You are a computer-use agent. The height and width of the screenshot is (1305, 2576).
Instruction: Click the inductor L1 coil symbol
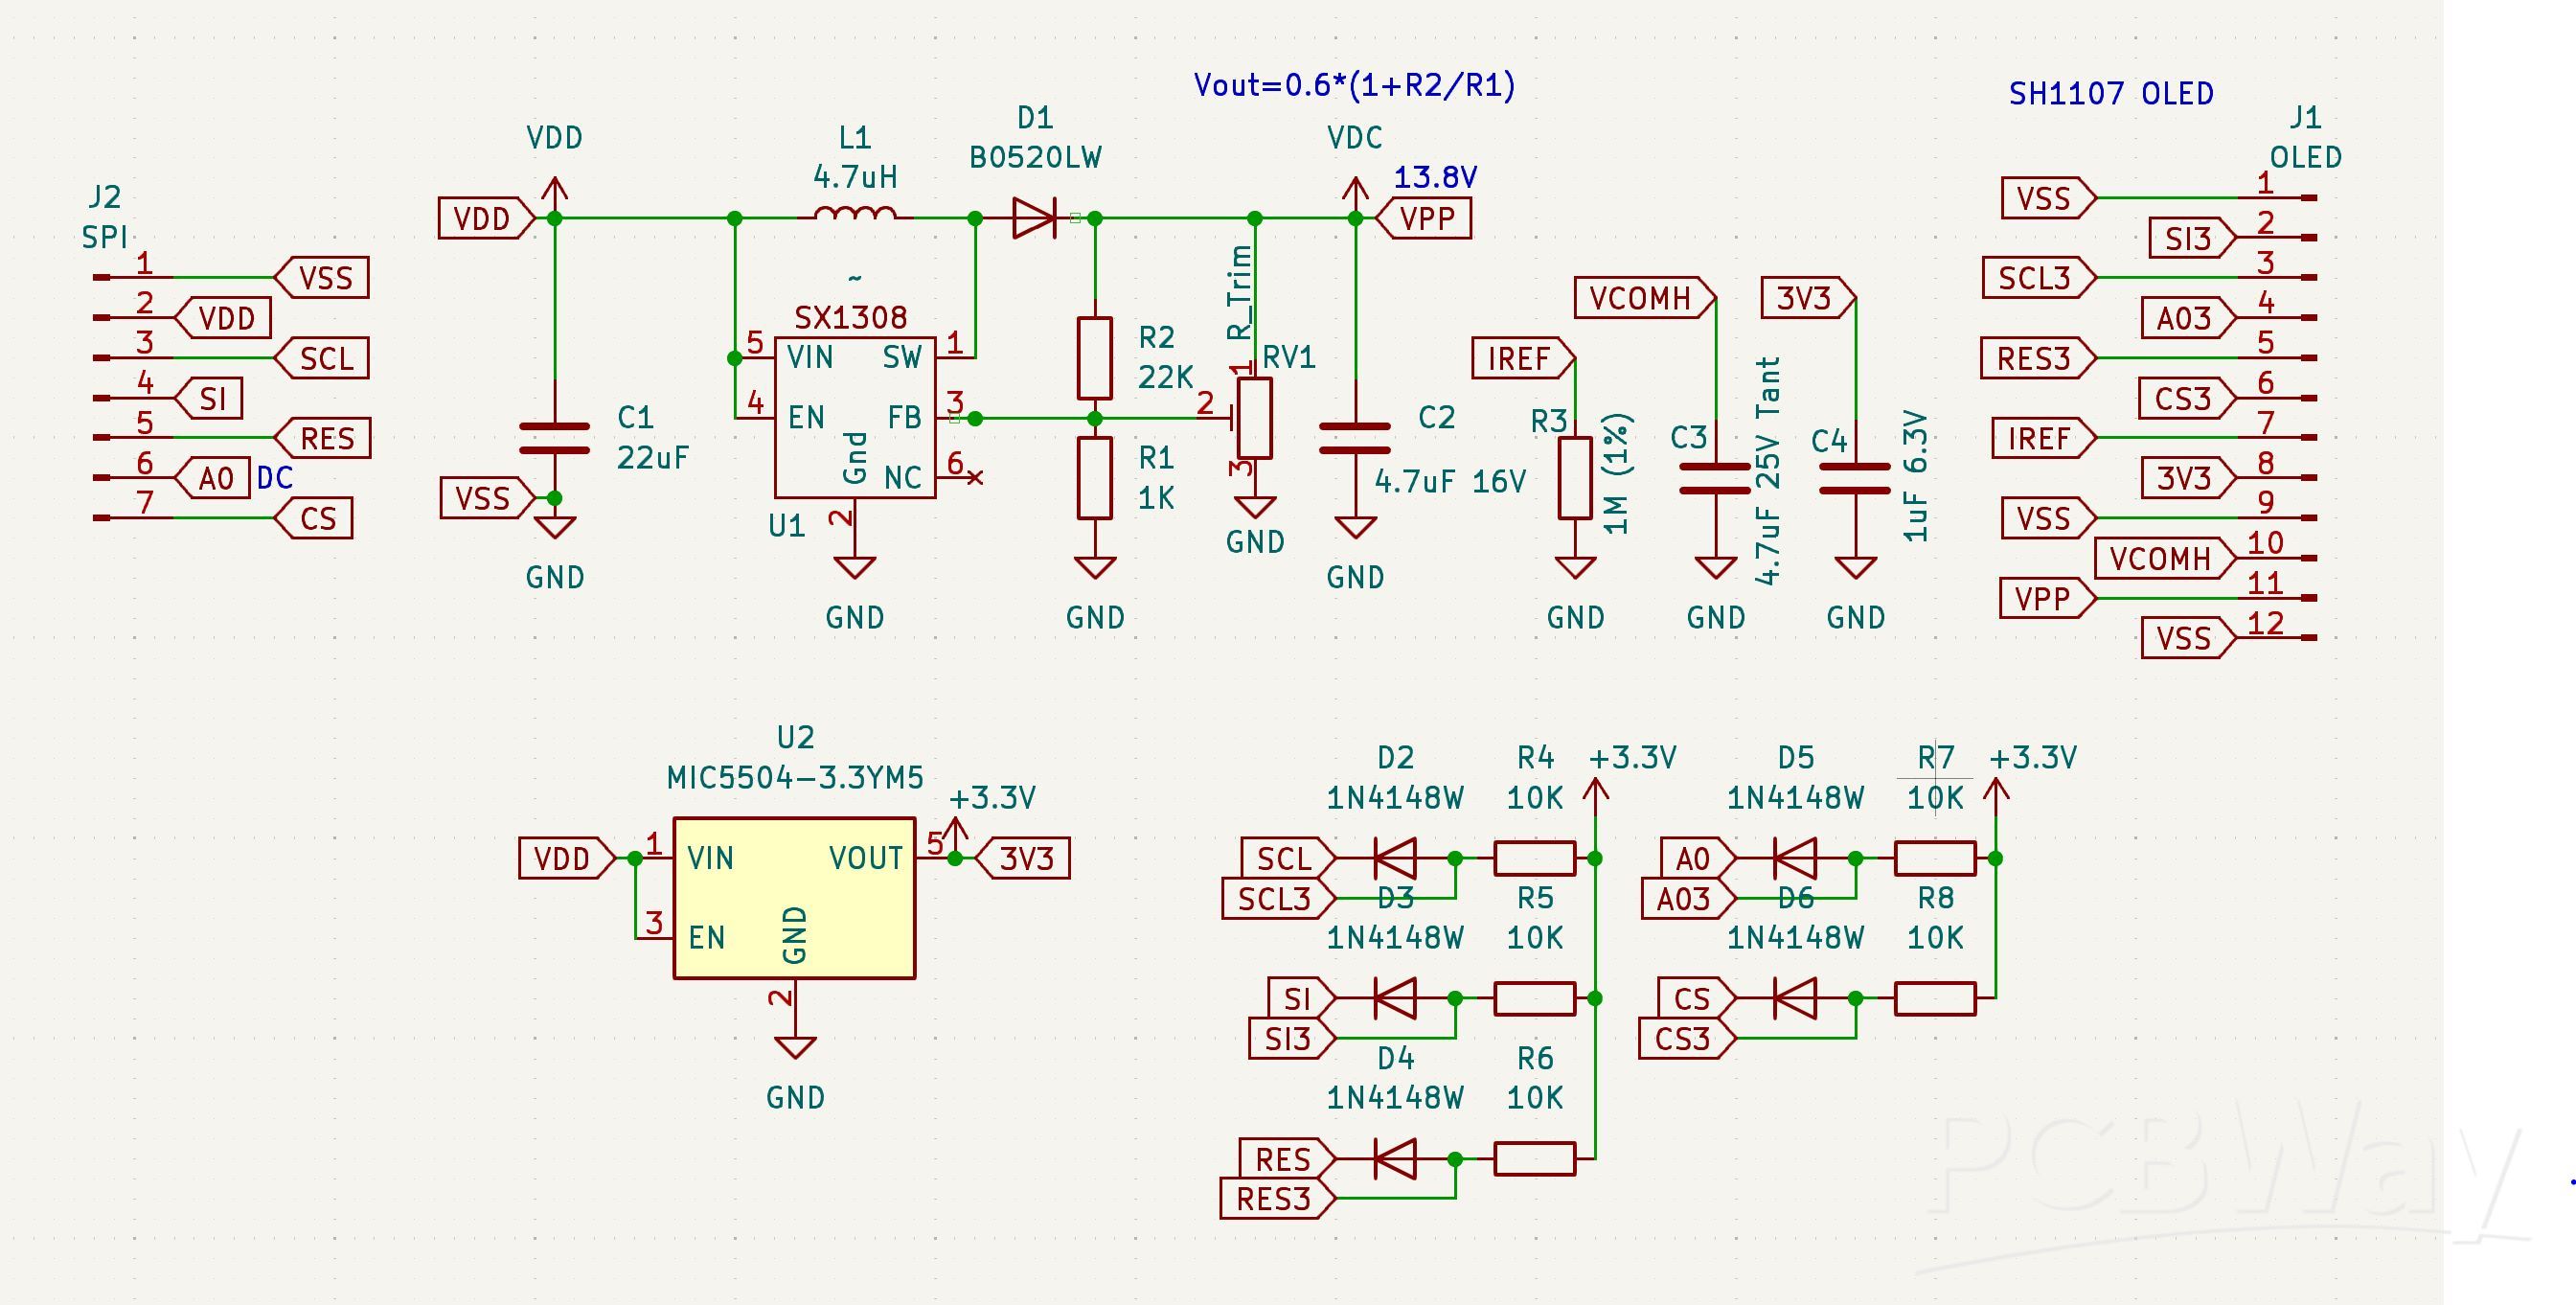click(x=855, y=213)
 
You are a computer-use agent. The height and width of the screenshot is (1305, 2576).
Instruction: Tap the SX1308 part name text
click(x=851, y=318)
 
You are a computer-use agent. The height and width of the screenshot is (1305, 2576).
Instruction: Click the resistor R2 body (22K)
click(x=1095, y=358)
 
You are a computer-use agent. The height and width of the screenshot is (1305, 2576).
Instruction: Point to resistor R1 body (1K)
click(x=1095, y=478)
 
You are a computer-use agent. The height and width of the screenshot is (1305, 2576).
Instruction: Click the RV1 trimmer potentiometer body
click(x=1255, y=418)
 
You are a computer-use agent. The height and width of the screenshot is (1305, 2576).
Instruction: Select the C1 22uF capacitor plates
click(x=555, y=438)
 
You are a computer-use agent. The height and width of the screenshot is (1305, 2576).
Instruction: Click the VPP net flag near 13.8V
click(x=1425, y=218)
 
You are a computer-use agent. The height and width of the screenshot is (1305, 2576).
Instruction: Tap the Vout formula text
click(x=1354, y=85)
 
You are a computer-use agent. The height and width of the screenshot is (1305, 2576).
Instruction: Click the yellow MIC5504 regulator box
click(x=794, y=897)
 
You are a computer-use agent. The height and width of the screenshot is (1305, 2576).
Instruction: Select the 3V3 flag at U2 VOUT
click(x=1024, y=858)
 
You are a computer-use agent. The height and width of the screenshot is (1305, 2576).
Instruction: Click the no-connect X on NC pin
click(x=976, y=478)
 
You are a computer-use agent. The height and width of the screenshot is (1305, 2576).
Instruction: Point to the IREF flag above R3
click(x=1520, y=358)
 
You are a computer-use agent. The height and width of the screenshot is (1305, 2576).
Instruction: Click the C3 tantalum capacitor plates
click(x=1715, y=478)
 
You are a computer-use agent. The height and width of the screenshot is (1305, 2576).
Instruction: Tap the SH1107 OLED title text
click(x=2110, y=94)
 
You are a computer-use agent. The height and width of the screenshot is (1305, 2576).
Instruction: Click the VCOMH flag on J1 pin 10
click(x=2162, y=558)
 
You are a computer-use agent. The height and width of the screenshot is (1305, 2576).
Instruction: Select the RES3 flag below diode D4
click(x=1275, y=1198)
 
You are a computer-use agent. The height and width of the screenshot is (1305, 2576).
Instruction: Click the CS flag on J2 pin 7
click(x=316, y=518)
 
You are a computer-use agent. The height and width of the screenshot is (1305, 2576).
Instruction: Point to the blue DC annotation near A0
click(x=275, y=478)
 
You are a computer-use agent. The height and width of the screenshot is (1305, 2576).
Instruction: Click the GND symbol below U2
click(x=795, y=1048)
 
